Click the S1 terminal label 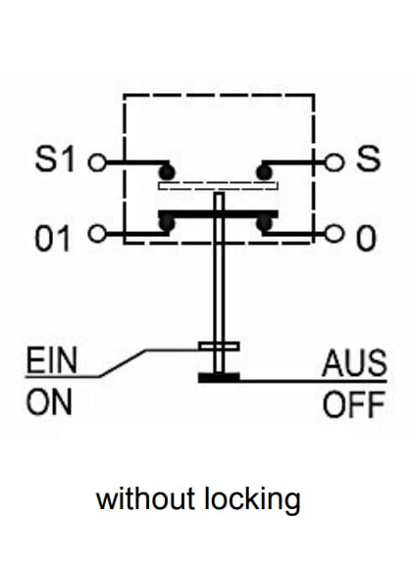coord(55,160)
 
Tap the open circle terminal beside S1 coord(97,163)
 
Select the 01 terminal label coord(52,239)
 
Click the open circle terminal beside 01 coord(97,233)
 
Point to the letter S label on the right coord(368,158)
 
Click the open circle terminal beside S coord(333,162)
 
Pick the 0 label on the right coord(366,239)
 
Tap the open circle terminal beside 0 coord(333,233)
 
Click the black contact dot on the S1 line coord(167,172)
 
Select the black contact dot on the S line coord(265,172)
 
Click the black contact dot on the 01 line coord(167,224)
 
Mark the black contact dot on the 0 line coord(265,224)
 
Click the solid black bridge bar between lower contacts coord(219,214)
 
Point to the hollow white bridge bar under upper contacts coord(219,186)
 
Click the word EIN coord(52,360)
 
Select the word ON coord(49,402)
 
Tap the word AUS coord(354,362)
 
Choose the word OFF coord(354,404)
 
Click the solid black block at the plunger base coord(219,378)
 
